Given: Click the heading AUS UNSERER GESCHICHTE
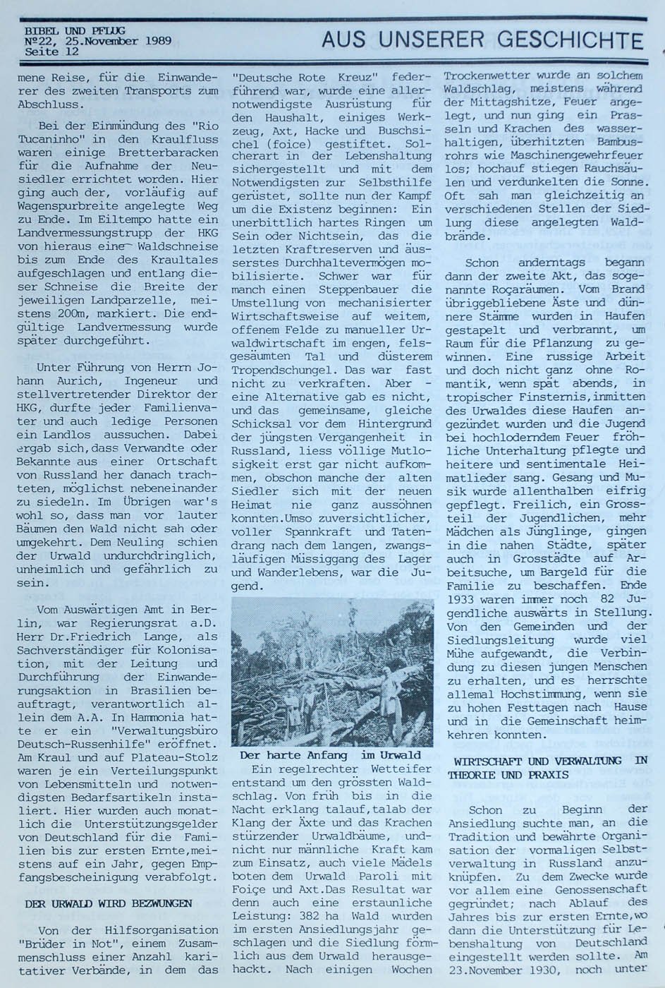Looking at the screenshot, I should (x=482, y=40).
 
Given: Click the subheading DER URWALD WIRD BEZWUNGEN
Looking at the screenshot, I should (x=108, y=903).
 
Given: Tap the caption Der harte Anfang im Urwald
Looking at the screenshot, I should (x=330, y=755).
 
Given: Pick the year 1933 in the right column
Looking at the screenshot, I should (x=462, y=599).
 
